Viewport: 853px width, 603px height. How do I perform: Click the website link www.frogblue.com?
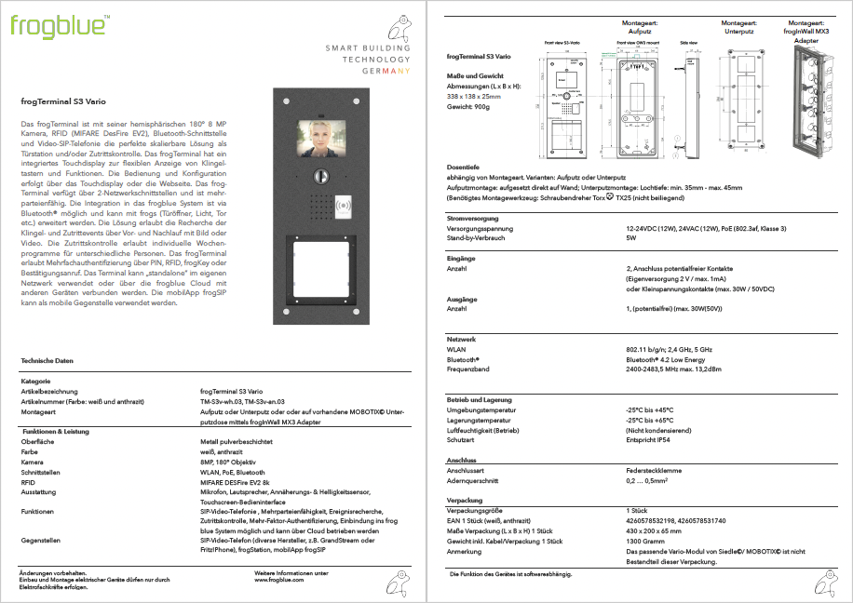[279, 580]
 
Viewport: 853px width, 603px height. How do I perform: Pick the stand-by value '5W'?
[630, 238]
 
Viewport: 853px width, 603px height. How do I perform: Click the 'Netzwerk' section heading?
[462, 339]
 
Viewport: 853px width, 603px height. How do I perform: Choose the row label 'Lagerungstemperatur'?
[482, 420]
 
